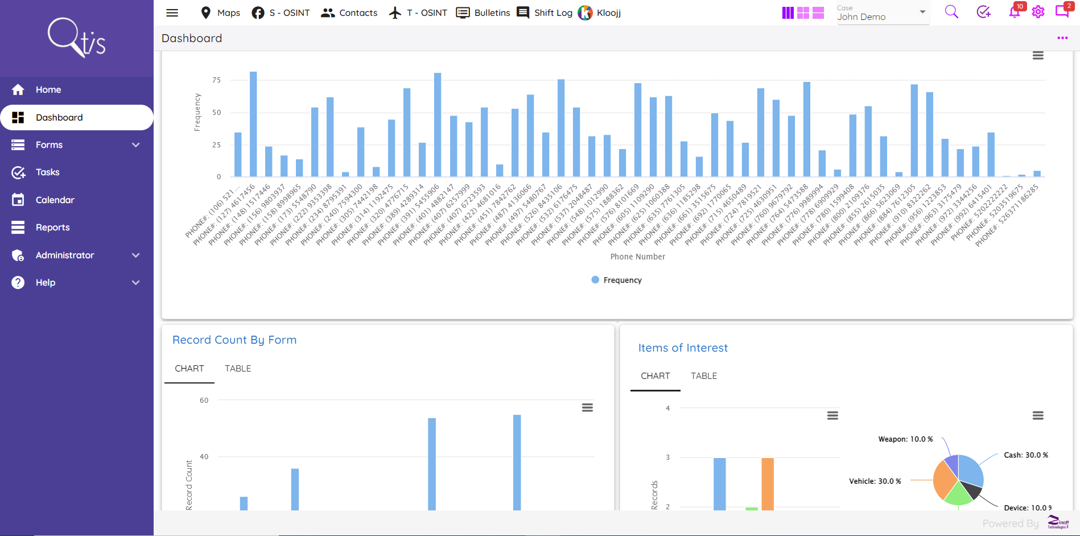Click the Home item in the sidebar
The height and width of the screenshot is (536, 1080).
(48, 89)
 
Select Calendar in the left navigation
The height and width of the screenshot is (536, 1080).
(55, 200)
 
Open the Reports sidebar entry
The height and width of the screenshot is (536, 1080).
(52, 227)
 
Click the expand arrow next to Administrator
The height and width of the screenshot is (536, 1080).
(135, 255)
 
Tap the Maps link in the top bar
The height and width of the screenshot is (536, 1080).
(221, 13)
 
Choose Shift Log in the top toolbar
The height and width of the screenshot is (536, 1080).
(545, 13)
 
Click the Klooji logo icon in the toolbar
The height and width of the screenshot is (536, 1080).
(585, 13)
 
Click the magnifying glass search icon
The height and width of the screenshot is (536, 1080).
(951, 12)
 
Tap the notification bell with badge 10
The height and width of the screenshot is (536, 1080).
(1015, 12)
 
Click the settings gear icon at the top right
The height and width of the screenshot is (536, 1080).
(1038, 12)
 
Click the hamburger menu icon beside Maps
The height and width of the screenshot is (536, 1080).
(172, 13)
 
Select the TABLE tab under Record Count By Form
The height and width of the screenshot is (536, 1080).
(238, 369)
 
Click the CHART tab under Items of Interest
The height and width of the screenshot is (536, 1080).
(655, 376)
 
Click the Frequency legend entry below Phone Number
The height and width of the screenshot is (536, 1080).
(617, 280)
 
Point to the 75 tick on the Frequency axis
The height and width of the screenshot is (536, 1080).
(216, 80)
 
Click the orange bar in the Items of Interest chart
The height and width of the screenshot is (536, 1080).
(768, 484)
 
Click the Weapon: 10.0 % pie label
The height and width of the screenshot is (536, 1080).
(905, 439)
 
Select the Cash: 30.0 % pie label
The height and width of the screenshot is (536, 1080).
(1025, 455)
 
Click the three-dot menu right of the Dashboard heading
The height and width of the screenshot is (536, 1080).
(1062, 38)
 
